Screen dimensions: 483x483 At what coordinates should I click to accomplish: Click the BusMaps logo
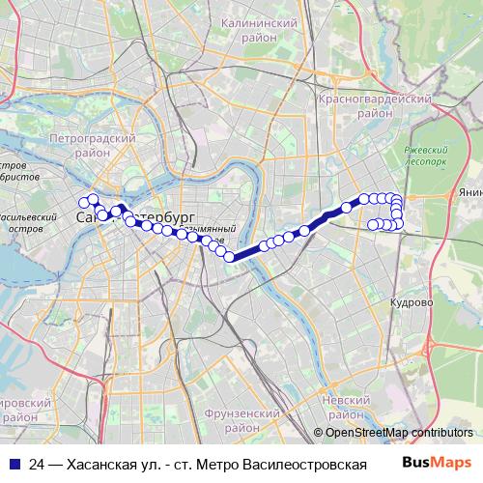tap(437, 463)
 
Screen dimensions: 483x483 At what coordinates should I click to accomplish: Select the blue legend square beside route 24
tap(13, 464)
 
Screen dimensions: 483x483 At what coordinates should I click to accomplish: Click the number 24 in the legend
tap(37, 464)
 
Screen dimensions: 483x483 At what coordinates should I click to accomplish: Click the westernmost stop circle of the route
tap(82, 202)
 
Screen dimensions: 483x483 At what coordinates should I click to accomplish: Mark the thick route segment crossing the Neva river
tap(246, 249)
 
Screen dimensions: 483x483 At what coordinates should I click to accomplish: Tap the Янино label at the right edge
tap(470, 192)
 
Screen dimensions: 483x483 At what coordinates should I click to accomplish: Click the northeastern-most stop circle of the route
tap(393, 199)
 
